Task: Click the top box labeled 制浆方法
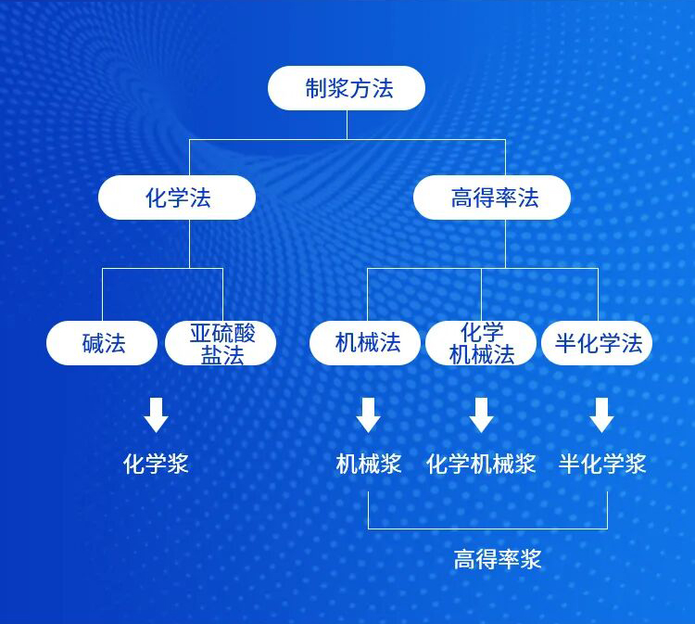click(347, 88)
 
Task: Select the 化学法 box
click(177, 197)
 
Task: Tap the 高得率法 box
click(492, 197)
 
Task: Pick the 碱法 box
click(102, 343)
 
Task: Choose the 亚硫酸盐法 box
click(221, 343)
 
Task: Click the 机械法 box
click(366, 343)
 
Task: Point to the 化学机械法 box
click(481, 343)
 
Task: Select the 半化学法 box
click(598, 343)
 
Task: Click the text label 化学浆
click(156, 464)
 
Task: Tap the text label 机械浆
click(368, 464)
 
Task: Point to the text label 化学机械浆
click(481, 464)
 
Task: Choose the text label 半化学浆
click(602, 464)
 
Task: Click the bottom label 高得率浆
click(498, 559)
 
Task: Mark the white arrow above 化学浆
click(156, 414)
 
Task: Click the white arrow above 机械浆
click(368, 414)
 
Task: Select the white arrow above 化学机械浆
click(481, 414)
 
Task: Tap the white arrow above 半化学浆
click(602, 414)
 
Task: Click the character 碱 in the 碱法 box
click(92, 344)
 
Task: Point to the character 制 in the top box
click(315, 89)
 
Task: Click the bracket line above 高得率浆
click(487, 528)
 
